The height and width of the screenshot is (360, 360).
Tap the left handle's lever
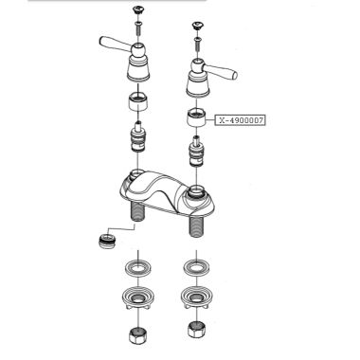click(x=113, y=42)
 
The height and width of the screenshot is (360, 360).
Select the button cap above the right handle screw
click(x=199, y=23)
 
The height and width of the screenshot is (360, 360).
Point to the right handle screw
click(x=199, y=40)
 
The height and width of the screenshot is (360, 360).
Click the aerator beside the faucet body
click(x=100, y=239)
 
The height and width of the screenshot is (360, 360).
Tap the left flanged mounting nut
click(x=140, y=297)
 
